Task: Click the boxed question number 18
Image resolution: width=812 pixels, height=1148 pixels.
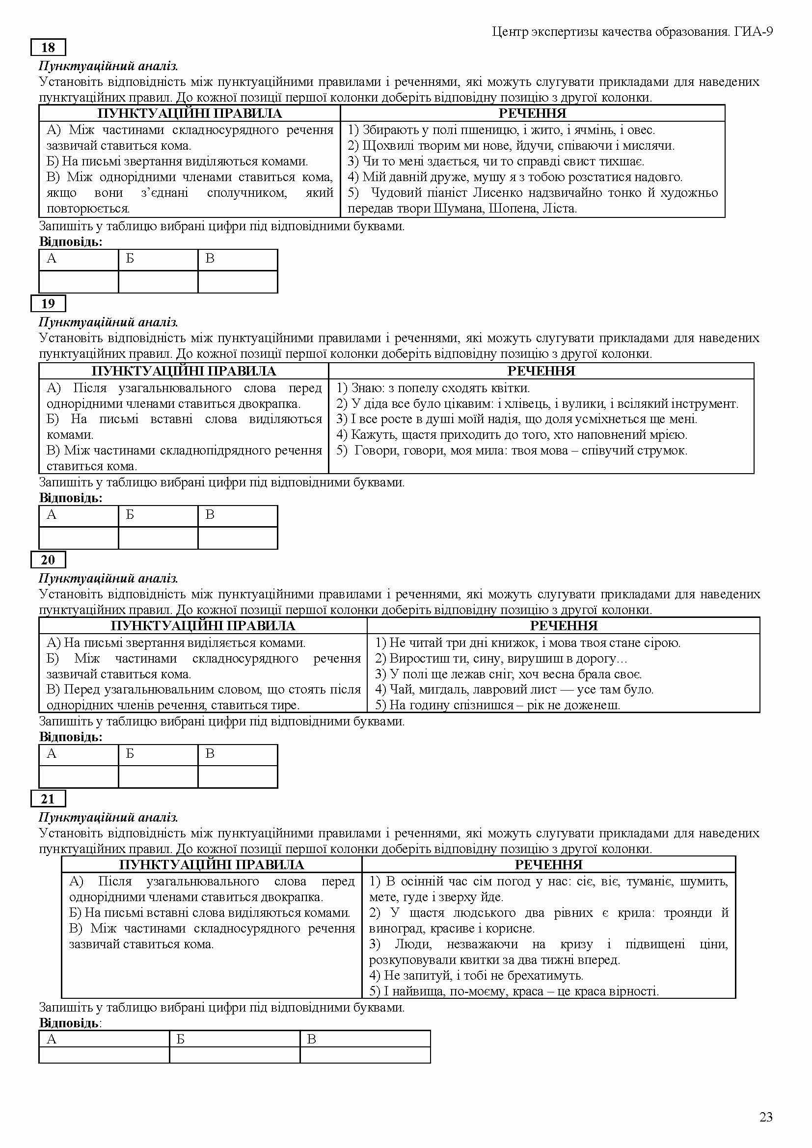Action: pos(48,48)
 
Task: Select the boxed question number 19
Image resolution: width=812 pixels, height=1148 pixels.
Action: pos(48,303)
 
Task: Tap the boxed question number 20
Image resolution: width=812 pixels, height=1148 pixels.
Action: pos(48,560)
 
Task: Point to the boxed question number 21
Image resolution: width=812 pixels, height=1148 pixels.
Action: pos(48,799)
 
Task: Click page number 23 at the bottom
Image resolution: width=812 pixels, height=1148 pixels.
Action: pos(766,1117)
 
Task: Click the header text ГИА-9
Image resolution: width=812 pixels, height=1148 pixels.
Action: pos(754,32)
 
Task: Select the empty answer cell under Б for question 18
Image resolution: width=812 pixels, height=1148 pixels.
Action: pos(158,282)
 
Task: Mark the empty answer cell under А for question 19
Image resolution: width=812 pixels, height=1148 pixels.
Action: pos(79,537)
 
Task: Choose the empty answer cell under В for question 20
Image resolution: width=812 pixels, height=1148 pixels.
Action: pos(238,776)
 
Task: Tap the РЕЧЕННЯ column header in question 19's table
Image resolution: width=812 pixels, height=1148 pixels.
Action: pos(541,371)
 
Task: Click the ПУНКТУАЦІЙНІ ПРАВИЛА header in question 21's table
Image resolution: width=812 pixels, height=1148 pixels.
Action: pos(212,865)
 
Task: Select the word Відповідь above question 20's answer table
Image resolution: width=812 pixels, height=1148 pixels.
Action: pos(71,737)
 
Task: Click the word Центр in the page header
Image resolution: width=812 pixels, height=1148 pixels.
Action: pos(510,32)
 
